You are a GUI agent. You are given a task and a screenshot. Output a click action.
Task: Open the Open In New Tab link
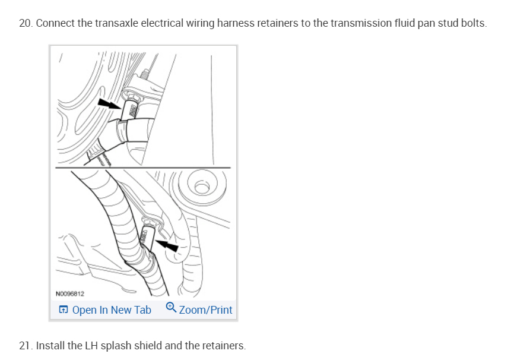(x=112, y=310)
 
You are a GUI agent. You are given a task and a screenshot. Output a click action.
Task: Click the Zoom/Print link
(x=205, y=310)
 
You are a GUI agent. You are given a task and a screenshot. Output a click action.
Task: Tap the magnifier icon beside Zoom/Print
(x=171, y=308)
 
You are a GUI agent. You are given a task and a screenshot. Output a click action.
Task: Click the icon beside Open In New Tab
(x=64, y=310)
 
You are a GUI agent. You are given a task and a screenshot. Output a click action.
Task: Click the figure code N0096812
(x=69, y=293)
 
